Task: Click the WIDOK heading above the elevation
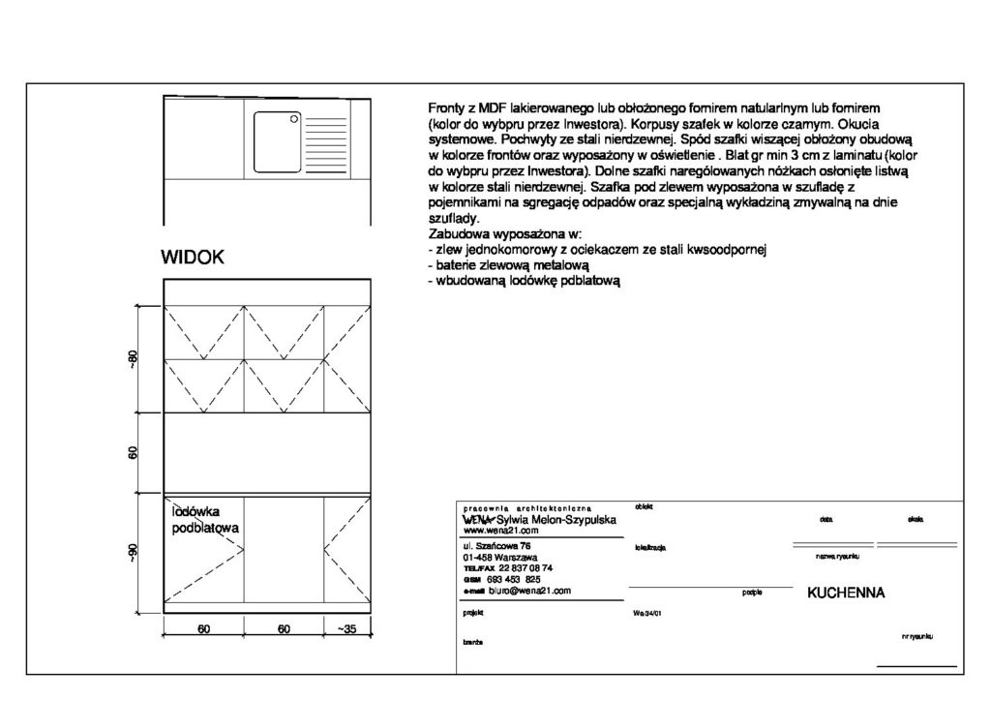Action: (x=194, y=258)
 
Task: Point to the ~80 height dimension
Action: (x=134, y=357)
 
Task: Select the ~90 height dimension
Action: (x=134, y=555)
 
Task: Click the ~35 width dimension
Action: (x=347, y=629)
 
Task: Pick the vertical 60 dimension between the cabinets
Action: (x=134, y=452)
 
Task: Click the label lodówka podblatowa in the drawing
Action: (x=205, y=519)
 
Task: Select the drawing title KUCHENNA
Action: (x=847, y=594)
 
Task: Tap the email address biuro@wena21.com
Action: (x=527, y=590)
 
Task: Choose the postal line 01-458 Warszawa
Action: (x=499, y=558)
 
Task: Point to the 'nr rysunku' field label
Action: (x=916, y=637)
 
